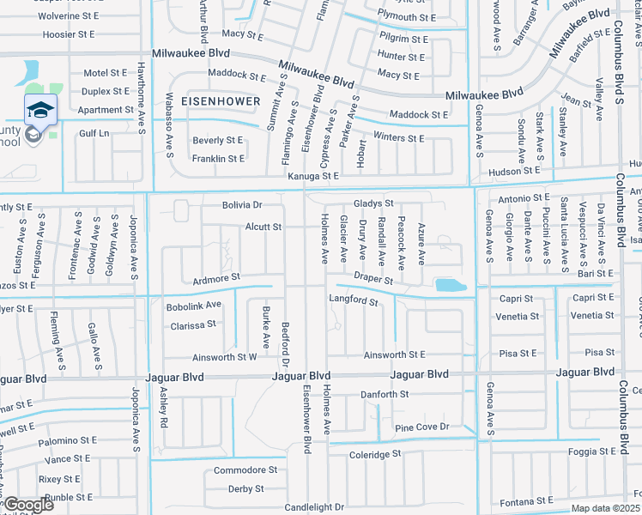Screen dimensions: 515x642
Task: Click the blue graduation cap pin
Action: (x=40, y=110)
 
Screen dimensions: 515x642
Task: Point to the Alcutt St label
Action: (x=263, y=227)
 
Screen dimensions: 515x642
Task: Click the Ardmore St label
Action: (x=215, y=278)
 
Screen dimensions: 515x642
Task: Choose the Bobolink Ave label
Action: (x=195, y=304)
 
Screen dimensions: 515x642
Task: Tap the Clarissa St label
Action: (x=192, y=325)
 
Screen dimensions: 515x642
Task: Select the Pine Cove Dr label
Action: (x=421, y=427)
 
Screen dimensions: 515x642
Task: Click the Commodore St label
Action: (x=245, y=470)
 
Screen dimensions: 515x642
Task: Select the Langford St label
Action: (x=353, y=301)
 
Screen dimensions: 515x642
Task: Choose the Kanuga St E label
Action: (x=312, y=175)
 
